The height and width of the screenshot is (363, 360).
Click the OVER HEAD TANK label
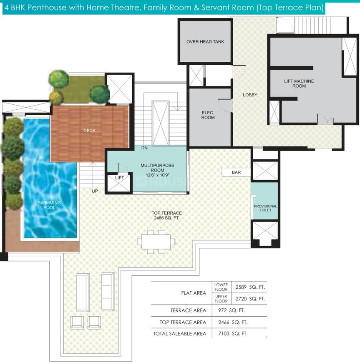tap(205, 42)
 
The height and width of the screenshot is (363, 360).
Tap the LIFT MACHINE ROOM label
tap(299, 83)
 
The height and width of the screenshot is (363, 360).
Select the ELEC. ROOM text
tap(208, 115)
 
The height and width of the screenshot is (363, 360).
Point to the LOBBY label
tap(250, 95)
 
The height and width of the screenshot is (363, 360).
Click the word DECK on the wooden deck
tap(89, 131)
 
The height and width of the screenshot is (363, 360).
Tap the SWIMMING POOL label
tap(49, 205)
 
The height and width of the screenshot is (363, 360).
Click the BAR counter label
tap(236, 172)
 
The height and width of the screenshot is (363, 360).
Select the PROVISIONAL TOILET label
tap(265, 208)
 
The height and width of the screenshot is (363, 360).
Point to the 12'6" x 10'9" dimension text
tap(157, 175)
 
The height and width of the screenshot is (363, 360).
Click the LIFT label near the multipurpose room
tap(119, 178)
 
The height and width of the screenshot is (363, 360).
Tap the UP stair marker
tap(95, 191)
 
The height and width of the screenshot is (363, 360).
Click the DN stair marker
tap(144, 148)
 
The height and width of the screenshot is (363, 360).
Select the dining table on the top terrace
tap(156, 242)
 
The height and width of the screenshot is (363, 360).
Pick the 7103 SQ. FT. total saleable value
tap(233, 334)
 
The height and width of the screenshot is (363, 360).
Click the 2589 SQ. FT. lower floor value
tap(250, 287)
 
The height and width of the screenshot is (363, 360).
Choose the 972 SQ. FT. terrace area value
tap(231, 310)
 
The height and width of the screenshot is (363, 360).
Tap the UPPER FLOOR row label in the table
tap(221, 299)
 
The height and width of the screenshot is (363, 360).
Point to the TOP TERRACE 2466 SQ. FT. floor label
tap(167, 215)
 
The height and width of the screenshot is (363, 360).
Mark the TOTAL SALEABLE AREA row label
tap(179, 334)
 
